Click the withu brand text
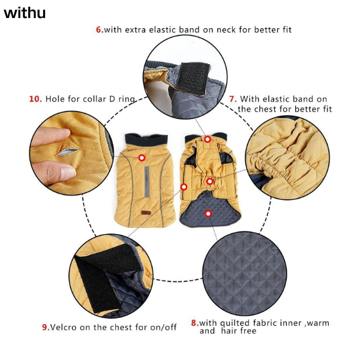[25, 13]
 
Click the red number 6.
[99, 29]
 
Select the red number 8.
[194, 323]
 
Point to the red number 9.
[46, 327]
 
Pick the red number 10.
[35, 99]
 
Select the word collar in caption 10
[94, 99]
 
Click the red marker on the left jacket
[142, 158]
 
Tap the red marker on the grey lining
[208, 214]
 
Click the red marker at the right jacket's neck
[208, 139]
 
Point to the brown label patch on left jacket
[146, 213]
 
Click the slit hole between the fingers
[68, 152]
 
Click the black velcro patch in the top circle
[194, 78]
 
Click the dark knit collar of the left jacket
[146, 140]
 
